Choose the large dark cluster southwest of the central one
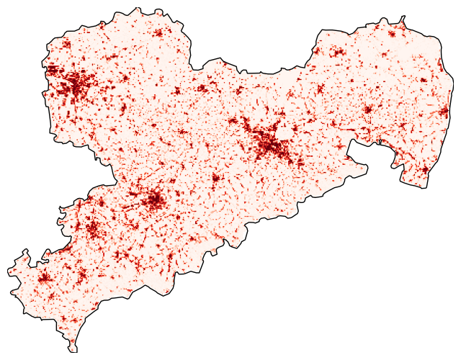(153, 199)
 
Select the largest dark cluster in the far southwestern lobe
(44, 278)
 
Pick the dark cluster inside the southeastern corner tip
(425, 171)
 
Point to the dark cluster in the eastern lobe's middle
(367, 109)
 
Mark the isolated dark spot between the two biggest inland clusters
(215, 178)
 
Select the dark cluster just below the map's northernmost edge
(158, 32)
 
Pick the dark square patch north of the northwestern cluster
(66, 45)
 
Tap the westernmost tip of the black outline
(9, 270)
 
